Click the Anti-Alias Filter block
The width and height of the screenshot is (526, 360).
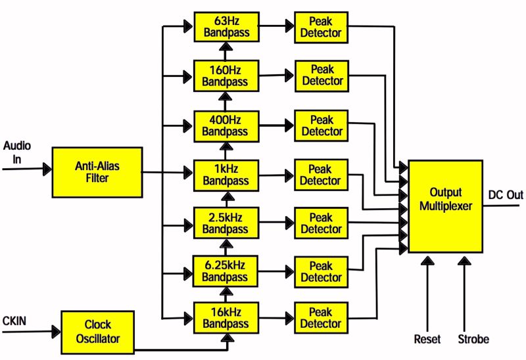pos(97,172)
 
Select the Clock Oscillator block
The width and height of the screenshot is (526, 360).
pos(97,330)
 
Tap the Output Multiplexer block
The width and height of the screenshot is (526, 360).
pos(445,206)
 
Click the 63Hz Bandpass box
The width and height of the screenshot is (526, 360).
pos(225,26)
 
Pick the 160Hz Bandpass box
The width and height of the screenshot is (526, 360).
pos(225,76)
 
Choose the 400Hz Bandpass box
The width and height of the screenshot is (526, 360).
pos(225,125)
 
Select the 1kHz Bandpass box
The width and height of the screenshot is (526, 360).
pos(225,174)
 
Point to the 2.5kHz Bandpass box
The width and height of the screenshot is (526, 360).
pos(225,223)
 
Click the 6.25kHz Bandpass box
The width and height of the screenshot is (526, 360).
pos(225,271)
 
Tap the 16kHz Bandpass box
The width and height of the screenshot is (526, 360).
pos(225,318)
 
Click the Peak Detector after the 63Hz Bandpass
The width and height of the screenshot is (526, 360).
pos(322,26)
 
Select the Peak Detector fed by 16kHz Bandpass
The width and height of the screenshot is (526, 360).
pos(322,318)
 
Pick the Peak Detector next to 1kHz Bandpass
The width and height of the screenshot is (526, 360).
pos(322,174)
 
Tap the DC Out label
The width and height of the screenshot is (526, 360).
pos(506,194)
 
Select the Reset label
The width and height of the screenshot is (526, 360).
pos(427,340)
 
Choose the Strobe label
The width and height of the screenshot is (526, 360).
pos(473,340)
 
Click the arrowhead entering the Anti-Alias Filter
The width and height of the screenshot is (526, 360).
pos(47,169)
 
